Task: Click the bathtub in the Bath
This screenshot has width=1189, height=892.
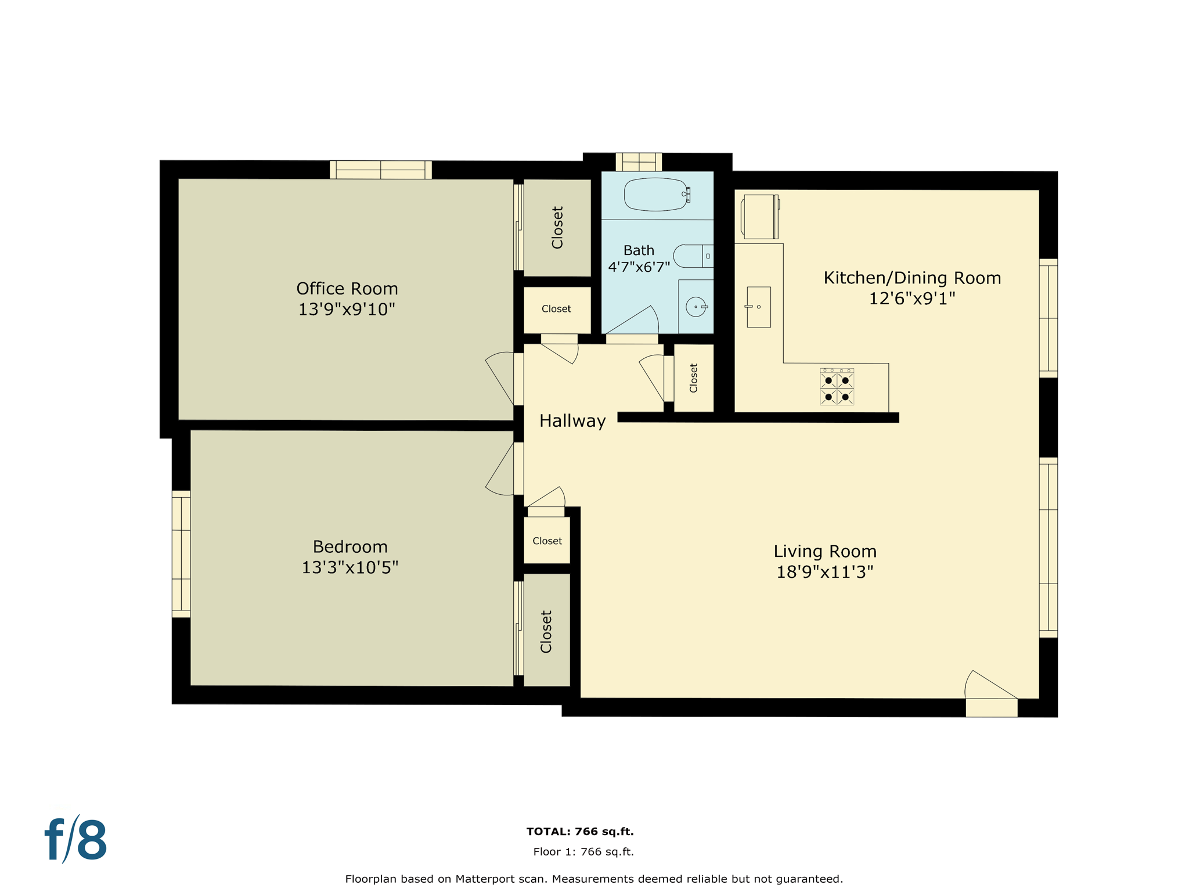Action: (655, 194)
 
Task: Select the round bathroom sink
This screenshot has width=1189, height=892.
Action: (696, 307)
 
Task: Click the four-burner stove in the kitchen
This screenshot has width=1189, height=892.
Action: (837, 387)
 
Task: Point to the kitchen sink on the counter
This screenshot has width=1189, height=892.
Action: (758, 307)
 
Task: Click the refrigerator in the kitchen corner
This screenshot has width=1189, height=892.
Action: (759, 217)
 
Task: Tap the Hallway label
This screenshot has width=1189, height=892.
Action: (572, 421)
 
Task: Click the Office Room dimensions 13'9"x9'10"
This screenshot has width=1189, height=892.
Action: (347, 310)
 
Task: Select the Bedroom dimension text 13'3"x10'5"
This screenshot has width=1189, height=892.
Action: (350, 567)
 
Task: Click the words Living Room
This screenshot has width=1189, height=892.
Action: (824, 551)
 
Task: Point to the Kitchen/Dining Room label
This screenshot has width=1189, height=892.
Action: (912, 278)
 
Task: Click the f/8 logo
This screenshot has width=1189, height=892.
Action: (76, 840)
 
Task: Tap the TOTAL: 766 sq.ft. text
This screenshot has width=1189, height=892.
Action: (579, 832)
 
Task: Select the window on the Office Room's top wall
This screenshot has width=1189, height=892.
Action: (381, 170)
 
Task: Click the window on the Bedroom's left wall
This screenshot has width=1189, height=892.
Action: (181, 554)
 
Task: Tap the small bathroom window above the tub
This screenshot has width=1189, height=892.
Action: (639, 161)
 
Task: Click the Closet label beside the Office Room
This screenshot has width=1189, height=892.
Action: (557, 227)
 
